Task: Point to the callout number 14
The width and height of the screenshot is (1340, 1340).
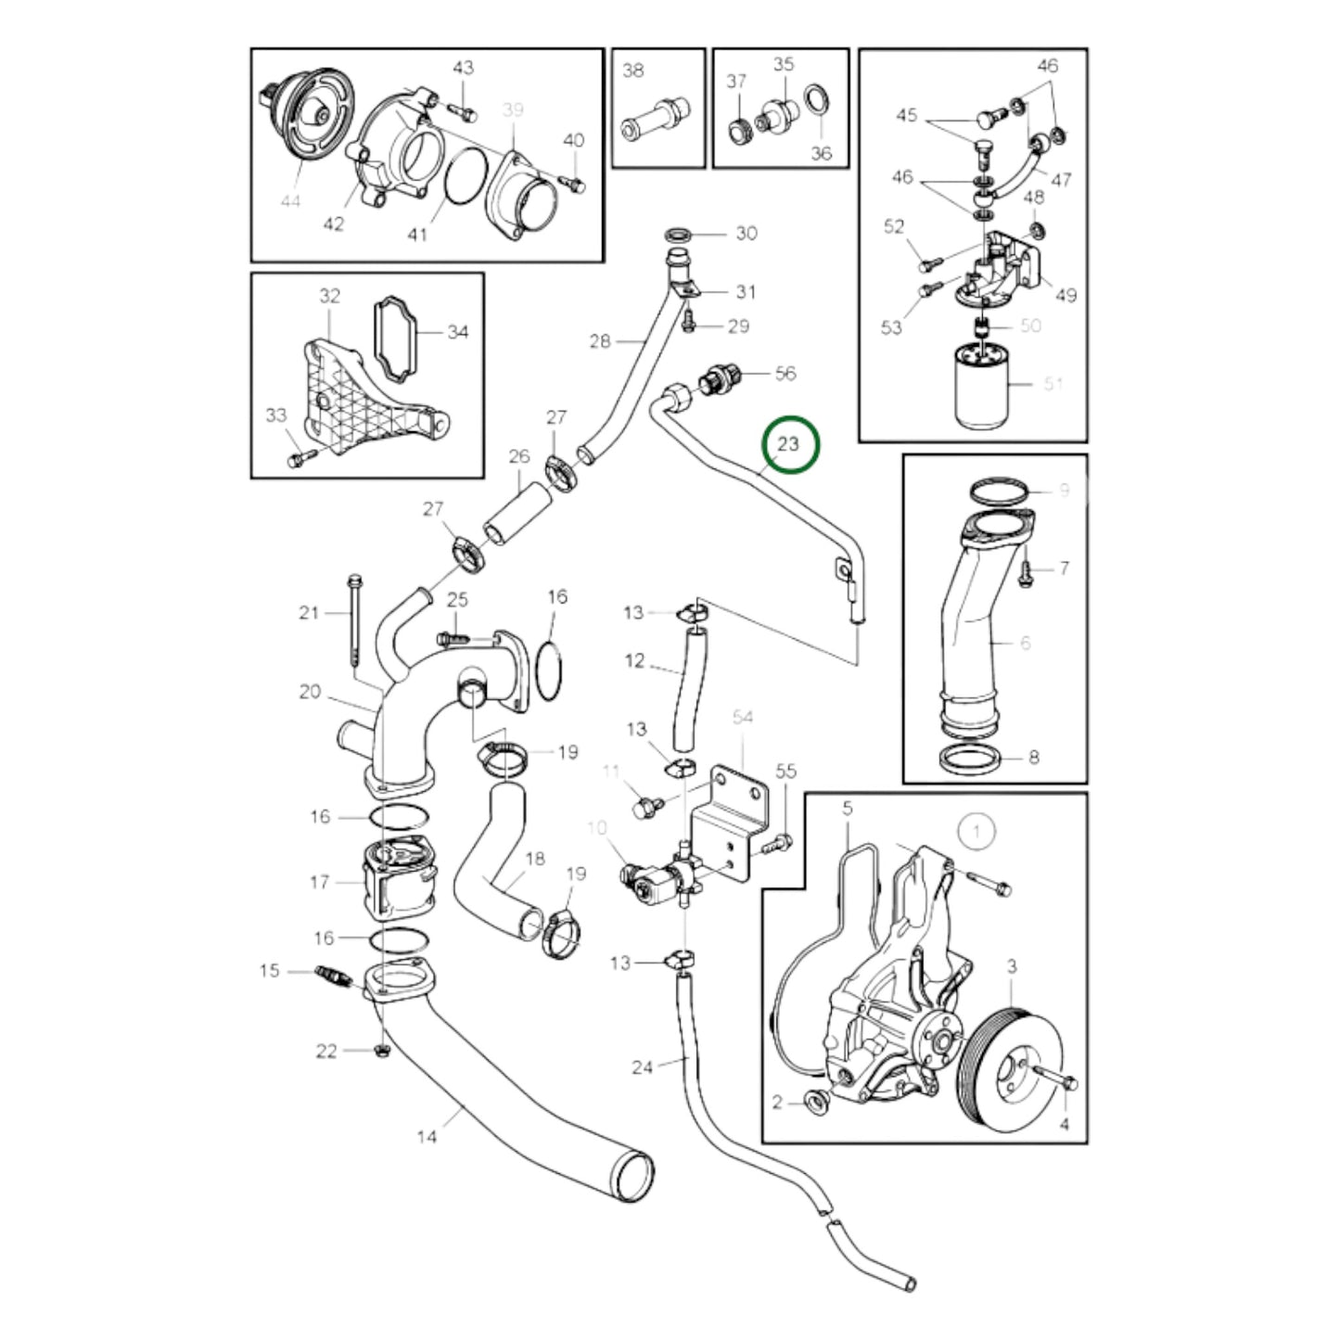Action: (x=426, y=1136)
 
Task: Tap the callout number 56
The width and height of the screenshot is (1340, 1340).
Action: (x=785, y=373)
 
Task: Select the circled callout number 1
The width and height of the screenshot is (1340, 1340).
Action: (x=975, y=831)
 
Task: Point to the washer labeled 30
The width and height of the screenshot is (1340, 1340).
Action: (x=678, y=232)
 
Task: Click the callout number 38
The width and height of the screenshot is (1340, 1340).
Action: (x=632, y=70)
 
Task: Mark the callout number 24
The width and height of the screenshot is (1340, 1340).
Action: (x=643, y=1067)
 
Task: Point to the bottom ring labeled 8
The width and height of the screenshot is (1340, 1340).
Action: (x=970, y=758)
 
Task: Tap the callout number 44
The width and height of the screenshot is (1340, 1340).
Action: (x=290, y=200)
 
